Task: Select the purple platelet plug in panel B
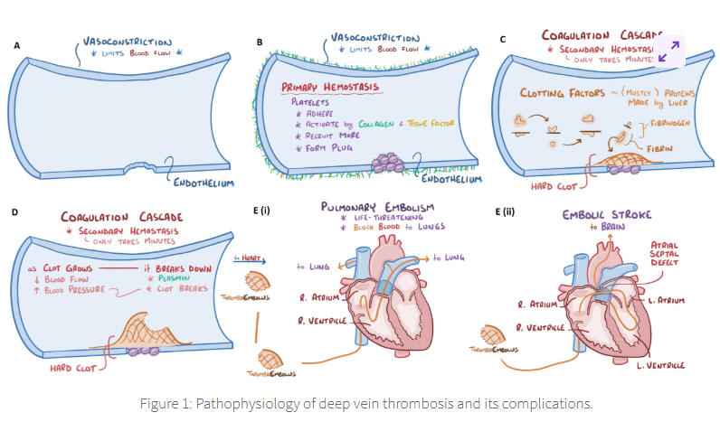tap(390, 163)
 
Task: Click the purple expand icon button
tap(670, 51)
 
